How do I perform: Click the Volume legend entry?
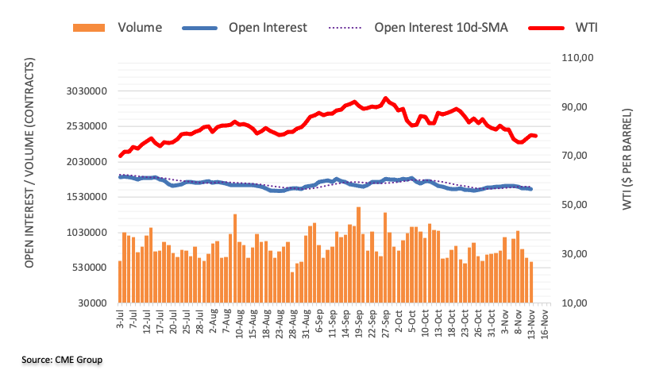(139, 28)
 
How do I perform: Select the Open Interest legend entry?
(267, 28)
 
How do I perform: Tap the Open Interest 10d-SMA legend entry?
(441, 28)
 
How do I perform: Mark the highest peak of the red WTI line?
(386, 98)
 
